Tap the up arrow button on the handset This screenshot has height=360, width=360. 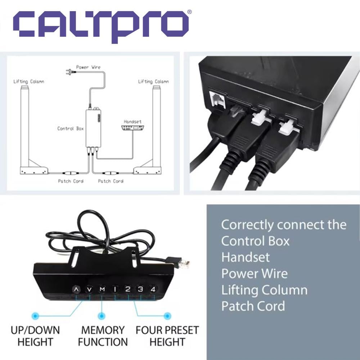(76, 289)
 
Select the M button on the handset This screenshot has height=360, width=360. (102, 289)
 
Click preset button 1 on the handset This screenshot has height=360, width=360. (115, 289)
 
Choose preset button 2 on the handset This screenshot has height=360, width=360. (128, 289)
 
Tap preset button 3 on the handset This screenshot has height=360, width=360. (141, 289)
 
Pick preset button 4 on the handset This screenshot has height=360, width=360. (153, 289)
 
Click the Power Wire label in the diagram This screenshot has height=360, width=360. (88, 67)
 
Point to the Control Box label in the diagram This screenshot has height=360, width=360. (71, 129)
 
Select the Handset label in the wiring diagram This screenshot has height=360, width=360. (132, 122)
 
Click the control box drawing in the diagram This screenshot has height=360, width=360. (93, 128)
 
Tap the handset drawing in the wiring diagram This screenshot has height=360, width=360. (133, 128)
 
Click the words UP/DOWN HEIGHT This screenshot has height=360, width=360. (35, 336)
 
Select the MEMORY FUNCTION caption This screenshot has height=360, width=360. (103, 336)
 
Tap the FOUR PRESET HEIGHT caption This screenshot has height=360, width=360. (167, 336)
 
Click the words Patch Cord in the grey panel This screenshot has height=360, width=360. (253, 306)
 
